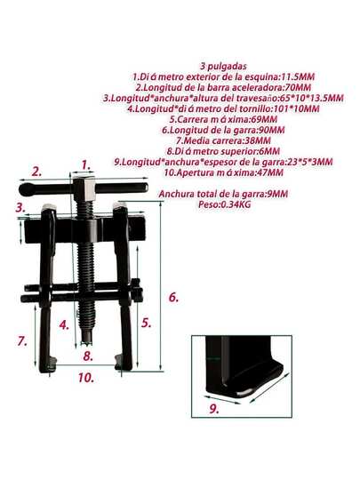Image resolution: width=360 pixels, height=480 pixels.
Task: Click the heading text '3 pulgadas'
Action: (223, 66)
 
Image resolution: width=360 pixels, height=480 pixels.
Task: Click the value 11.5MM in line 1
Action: (298, 76)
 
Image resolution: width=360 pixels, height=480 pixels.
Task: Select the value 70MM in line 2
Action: (298, 87)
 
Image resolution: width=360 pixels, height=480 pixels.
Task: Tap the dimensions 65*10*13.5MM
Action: (312, 98)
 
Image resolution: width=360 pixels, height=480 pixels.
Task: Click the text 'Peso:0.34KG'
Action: (224, 204)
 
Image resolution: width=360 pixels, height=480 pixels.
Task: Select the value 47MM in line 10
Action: (269, 172)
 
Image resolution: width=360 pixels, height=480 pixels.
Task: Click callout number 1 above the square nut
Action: (86, 165)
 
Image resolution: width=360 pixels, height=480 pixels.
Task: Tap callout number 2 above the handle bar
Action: (36, 172)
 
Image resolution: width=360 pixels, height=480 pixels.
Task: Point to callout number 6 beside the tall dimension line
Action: (173, 297)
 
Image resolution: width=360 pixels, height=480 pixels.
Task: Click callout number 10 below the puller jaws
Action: (85, 378)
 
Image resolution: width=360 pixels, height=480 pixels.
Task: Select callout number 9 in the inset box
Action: (214, 409)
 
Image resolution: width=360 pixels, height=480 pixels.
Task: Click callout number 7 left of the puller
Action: (22, 340)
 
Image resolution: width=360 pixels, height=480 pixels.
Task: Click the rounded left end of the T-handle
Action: (27, 189)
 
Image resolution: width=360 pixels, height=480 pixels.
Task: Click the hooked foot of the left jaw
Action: (49, 365)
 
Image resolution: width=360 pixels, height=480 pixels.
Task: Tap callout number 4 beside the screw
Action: (64, 324)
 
